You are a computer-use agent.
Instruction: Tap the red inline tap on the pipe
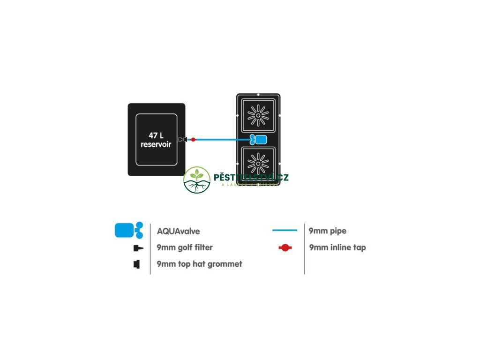(x=193, y=139)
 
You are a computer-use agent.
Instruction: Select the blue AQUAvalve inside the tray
(x=258, y=139)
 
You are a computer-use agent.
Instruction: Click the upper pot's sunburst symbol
(x=258, y=115)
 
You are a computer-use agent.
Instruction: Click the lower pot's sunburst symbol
(x=258, y=163)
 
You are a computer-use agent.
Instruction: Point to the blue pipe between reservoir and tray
(x=220, y=139)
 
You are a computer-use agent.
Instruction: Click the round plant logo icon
(x=197, y=180)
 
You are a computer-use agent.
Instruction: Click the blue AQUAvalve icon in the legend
(x=128, y=231)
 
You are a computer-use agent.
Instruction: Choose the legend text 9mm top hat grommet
(x=199, y=264)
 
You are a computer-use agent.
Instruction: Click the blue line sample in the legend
(x=285, y=231)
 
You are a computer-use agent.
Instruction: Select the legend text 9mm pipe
(x=328, y=231)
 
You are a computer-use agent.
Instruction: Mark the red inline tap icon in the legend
(x=285, y=247)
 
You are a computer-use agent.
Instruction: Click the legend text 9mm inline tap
(x=337, y=247)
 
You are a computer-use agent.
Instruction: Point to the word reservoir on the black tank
(x=156, y=144)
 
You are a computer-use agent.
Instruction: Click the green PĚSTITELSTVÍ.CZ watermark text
(x=251, y=177)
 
